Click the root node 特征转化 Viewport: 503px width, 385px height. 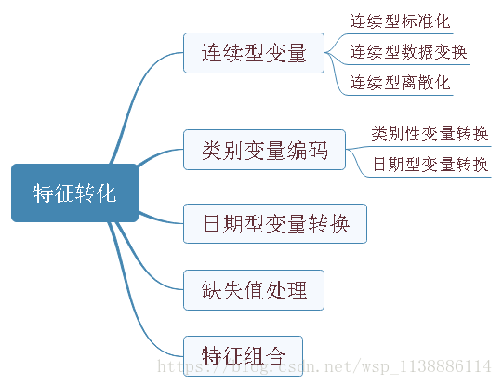click(x=74, y=193)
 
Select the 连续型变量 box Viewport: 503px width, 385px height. click(x=253, y=53)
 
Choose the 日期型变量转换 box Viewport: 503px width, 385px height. click(x=276, y=224)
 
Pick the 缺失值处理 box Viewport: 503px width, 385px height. click(x=254, y=289)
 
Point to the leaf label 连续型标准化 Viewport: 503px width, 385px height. click(x=400, y=20)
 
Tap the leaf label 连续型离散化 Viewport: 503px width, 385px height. click(x=400, y=83)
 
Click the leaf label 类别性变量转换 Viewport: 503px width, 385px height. click(x=430, y=133)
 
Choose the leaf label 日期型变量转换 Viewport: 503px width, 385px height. click(x=430, y=165)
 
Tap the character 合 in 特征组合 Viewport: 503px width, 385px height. click(x=286, y=354)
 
